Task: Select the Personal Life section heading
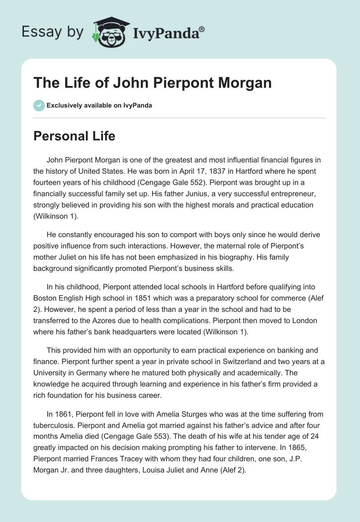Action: tap(74, 136)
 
